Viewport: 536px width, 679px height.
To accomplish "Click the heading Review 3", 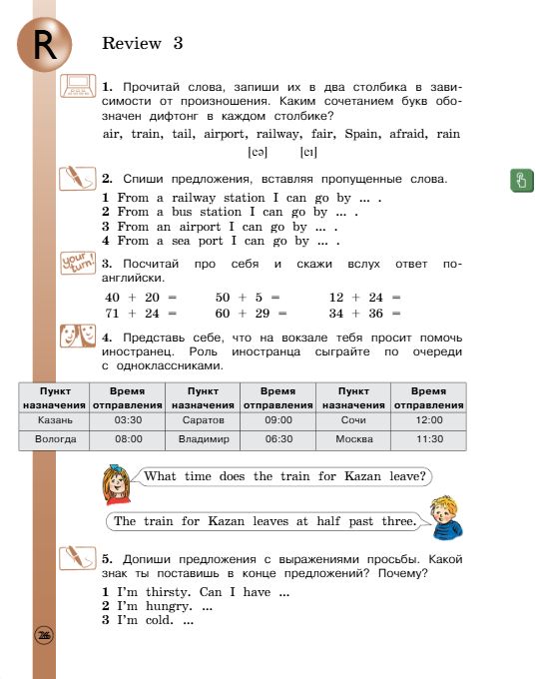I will pyautogui.click(x=144, y=43).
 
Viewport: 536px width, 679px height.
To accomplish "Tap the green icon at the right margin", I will pyautogui.click(x=521, y=180).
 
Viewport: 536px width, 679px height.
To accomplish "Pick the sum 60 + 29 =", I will pyautogui.click(x=251, y=313).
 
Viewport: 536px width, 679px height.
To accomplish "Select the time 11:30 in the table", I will pyautogui.click(x=429, y=438).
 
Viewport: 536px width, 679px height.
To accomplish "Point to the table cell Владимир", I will pyautogui.click(x=203, y=438).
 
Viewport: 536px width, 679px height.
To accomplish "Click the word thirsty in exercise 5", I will pyautogui.click(x=166, y=593).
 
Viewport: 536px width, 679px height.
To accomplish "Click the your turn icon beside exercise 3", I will pyautogui.click(x=77, y=264).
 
